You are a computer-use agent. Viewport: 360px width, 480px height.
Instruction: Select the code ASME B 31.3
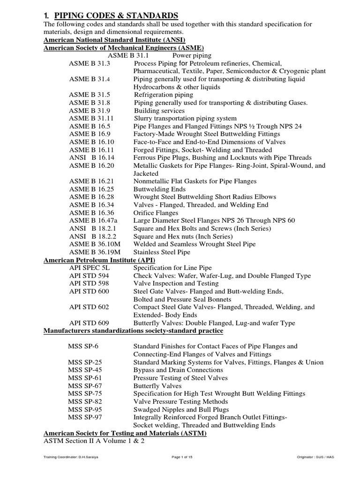90,63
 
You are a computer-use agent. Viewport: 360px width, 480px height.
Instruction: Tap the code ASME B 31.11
91,119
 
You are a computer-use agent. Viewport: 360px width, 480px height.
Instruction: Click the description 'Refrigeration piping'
163,95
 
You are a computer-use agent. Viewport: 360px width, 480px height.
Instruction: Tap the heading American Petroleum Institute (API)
99,260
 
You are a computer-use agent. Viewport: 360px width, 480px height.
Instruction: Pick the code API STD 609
89,323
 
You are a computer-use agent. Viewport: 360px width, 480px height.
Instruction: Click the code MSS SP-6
84,346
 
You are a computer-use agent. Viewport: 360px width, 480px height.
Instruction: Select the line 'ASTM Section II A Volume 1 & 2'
94,442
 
